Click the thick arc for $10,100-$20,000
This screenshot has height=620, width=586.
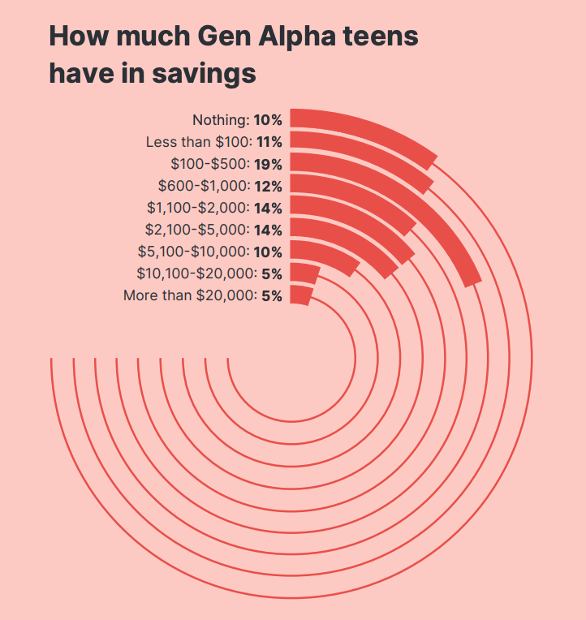pyautogui.click(x=304, y=273)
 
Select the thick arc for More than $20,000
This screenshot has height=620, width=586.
pyautogui.click(x=300, y=295)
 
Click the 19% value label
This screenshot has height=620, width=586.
pyautogui.click(x=267, y=164)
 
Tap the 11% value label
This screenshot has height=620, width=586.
pyautogui.click(x=267, y=142)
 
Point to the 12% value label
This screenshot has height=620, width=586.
pyautogui.click(x=267, y=186)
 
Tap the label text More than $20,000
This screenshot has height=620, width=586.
pyautogui.click(x=189, y=295)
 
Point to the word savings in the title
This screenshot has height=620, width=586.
pyautogui.click(x=205, y=74)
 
